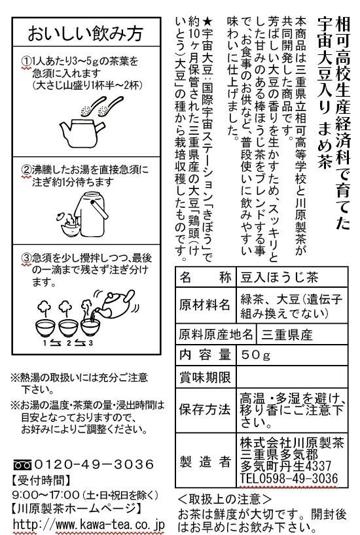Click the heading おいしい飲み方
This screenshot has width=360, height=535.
(x=85, y=33)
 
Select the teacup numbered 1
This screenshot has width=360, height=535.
(x=45, y=328)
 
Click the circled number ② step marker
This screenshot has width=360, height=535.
(x=26, y=170)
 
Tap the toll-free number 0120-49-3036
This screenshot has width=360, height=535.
(x=94, y=464)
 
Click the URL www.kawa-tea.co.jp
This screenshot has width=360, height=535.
(x=110, y=525)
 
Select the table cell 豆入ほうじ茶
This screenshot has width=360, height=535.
(x=279, y=277)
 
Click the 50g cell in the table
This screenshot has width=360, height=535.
(x=256, y=355)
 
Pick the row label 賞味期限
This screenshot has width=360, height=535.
(x=205, y=377)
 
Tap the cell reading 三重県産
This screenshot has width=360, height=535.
(x=287, y=335)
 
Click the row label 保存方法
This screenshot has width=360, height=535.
(x=205, y=409)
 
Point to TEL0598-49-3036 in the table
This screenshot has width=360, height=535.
(x=289, y=478)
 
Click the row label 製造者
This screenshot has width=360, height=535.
(x=206, y=462)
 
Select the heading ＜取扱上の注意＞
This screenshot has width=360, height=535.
(x=225, y=499)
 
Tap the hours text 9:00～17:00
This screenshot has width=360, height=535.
(x=45, y=494)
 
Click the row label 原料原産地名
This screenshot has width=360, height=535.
(x=216, y=334)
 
